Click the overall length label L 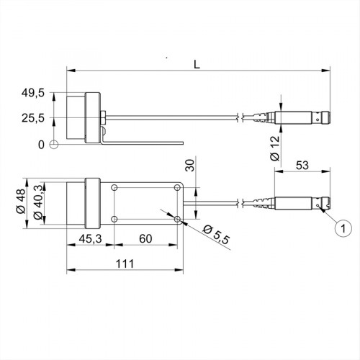[x=197, y=63]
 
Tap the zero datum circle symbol [x=54, y=145]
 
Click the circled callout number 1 [x=343, y=230]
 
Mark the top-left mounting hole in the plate [x=115, y=187]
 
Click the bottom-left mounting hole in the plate [x=115, y=218]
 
